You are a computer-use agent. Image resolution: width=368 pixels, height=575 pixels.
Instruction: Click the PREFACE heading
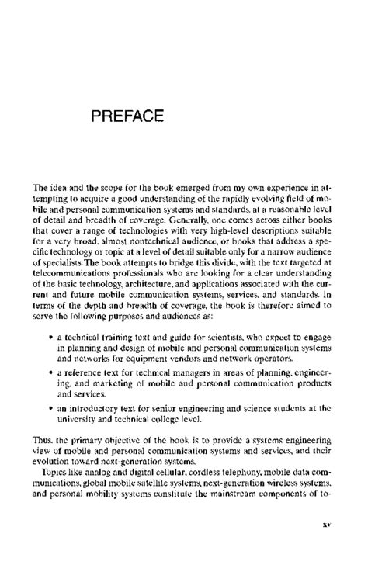[127, 117]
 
